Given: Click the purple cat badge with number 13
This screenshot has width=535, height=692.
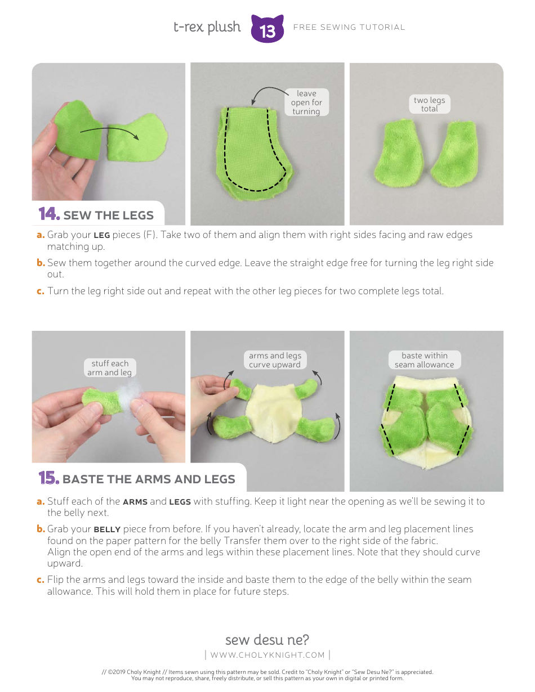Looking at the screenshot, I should (x=267, y=29).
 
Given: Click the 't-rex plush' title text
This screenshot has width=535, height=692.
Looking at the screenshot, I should (x=207, y=27).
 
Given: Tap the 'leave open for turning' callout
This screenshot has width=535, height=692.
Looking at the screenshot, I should (x=306, y=102).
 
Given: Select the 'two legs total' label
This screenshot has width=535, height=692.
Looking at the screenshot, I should (x=429, y=104).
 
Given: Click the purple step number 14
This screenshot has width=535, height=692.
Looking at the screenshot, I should (x=49, y=214).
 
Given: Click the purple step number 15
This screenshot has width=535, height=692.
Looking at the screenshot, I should (x=49, y=478).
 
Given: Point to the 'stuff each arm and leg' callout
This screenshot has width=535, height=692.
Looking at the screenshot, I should (x=110, y=368).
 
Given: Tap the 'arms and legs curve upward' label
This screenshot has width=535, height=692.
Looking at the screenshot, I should (x=275, y=360).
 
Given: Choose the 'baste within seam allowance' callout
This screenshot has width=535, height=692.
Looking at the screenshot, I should (x=424, y=360).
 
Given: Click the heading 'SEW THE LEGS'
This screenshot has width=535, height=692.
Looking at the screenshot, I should (x=108, y=215).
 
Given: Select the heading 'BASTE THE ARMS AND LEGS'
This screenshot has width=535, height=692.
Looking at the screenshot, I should (x=149, y=479).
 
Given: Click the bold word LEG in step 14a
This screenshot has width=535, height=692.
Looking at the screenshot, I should (x=101, y=235).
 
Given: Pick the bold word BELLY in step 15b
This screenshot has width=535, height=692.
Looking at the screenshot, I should (x=107, y=529).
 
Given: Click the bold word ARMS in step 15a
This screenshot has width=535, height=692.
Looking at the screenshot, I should (x=135, y=502).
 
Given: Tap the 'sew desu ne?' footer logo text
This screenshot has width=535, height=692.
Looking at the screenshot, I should (x=267, y=640).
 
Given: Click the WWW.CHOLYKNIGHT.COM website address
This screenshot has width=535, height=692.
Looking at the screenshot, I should (x=267, y=655).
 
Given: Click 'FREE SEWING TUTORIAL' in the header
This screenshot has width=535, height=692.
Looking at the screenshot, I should (x=349, y=27).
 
